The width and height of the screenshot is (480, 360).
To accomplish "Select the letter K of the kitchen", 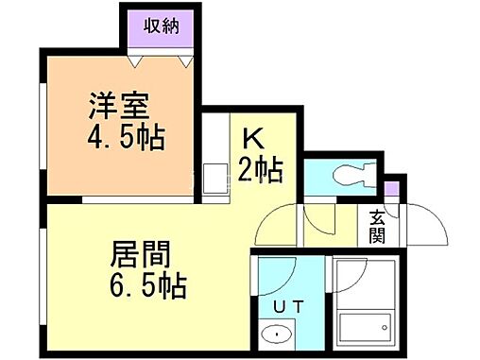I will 251,138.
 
